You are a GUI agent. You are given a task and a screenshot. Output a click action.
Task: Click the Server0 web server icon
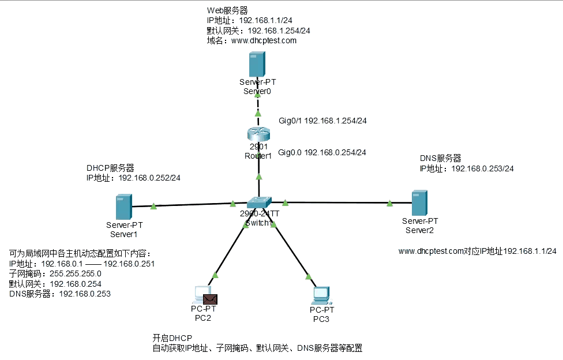257,64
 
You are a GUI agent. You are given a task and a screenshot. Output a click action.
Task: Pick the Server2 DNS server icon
419,203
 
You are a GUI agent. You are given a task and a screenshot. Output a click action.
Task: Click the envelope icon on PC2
210,298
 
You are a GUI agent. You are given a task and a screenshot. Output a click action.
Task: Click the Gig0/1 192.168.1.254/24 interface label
323,121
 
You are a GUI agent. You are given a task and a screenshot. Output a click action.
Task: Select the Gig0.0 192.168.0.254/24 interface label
322,153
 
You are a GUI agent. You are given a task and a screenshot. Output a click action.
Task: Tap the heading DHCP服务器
110,168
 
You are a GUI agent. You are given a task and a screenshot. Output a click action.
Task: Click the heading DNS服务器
441,158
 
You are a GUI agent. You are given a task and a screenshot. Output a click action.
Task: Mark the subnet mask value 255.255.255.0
75,273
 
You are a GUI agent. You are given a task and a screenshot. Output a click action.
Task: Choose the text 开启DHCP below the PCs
172,337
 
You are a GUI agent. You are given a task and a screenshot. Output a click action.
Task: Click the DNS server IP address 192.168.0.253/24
482,168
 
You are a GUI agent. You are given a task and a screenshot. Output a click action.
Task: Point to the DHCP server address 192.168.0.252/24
149,178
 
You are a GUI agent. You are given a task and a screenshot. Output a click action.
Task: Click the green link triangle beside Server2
390,202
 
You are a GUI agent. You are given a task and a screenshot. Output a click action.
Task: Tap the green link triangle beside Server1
153,205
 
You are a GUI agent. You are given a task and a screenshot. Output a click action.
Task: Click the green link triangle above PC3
309,276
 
